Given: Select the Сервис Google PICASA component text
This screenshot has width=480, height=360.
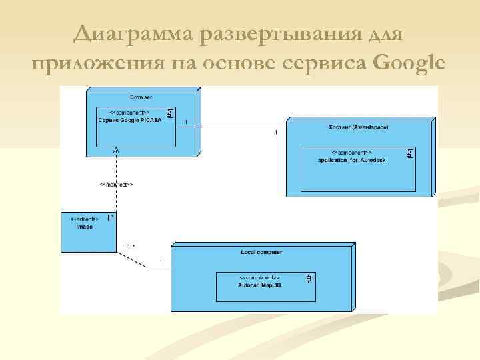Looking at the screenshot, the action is [x=131, y=121].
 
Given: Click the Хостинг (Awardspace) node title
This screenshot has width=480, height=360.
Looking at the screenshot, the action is [x=358, y=125].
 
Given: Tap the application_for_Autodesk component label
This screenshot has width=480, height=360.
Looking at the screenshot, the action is [x=352, y=161].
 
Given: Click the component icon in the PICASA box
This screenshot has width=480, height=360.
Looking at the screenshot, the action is [x=170, y=113].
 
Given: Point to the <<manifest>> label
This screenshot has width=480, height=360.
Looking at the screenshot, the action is [x=116, y=184].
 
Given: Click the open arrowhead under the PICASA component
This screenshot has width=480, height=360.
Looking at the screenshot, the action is [x=117, y=151].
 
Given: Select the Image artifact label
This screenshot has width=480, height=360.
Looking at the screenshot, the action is [x=85, y=227].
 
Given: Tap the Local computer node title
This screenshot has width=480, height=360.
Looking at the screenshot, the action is [x=261, y=252].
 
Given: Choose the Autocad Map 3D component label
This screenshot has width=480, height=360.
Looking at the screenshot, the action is [x=260, y=284].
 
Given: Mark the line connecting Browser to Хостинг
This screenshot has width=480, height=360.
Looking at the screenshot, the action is [x=233, y=127].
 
